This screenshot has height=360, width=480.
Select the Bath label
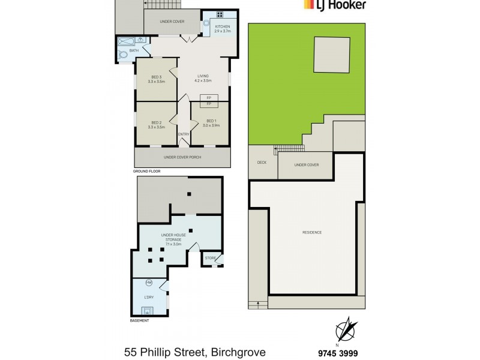[134, 50]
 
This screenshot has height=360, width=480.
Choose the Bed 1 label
[210, 123]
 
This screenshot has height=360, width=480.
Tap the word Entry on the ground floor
[184, 134]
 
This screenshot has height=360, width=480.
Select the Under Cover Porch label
[182, 157]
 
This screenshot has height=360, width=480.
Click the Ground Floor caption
[147, 171]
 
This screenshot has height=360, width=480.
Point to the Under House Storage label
[173, 237]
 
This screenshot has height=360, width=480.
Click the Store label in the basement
[210, 259]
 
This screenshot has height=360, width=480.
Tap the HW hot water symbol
[148, 283]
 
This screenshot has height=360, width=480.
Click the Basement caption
[139, 320]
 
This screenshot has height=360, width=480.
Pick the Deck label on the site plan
[262, 163]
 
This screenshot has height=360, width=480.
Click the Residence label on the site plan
[312, 232]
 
